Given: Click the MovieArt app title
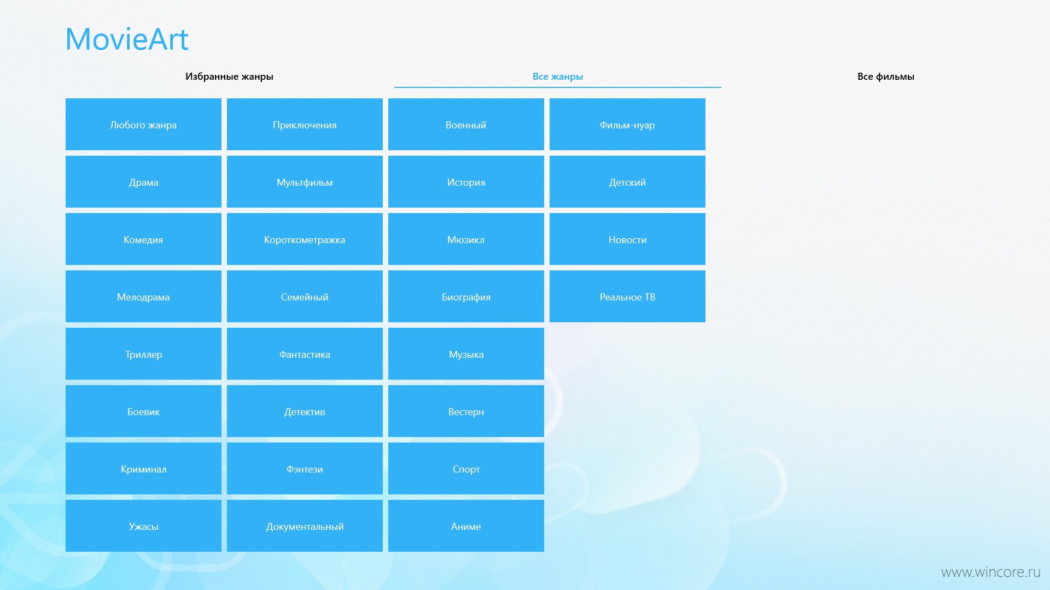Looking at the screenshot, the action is tap(127, 39).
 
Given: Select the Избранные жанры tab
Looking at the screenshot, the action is tap(229, 76).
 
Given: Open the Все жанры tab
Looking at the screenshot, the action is tap(558, 76).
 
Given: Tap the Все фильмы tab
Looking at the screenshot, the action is tap(886, 76).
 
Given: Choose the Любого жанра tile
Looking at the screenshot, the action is tap(143, 125).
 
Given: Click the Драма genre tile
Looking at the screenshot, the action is tap(143, 182).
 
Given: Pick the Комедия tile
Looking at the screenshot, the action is tap(143, 239).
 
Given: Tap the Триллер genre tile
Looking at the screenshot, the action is tap(143, 354).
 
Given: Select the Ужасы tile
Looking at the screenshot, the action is tap(143, 526).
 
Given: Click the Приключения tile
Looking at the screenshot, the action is tap(305, 125).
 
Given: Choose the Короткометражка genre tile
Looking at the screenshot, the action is tap(305, 239).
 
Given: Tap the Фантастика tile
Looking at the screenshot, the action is tap(305, 354).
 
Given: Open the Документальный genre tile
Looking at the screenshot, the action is tap(305, 526).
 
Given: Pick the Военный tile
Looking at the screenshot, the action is tap(466, 125).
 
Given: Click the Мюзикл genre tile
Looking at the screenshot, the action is tap(466, 239).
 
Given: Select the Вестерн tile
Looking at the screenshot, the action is tap(466, 411).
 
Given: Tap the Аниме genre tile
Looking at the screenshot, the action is tap(466, 526).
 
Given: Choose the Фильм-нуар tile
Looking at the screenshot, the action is tap(627, 125).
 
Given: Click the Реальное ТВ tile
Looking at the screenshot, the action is tap(627, 297).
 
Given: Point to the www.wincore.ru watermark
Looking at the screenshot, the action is tap(990, 572).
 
